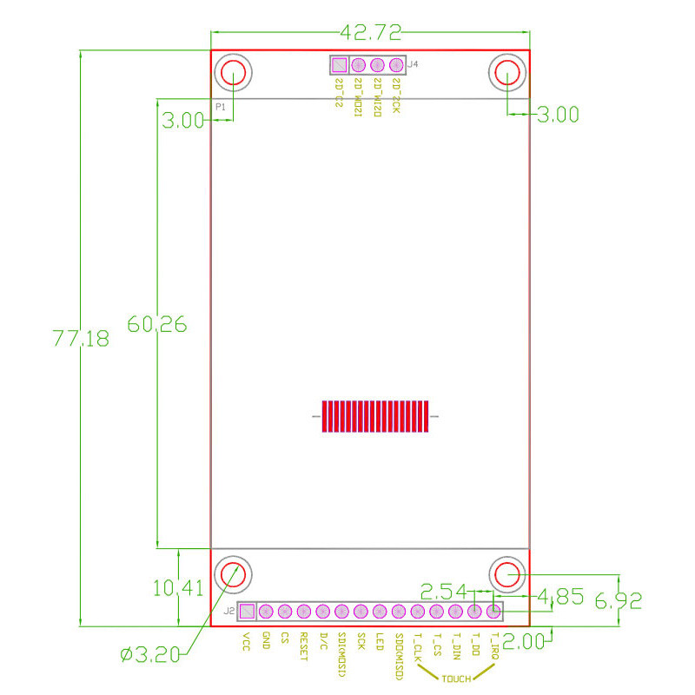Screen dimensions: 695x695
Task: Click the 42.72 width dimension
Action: point(371,34)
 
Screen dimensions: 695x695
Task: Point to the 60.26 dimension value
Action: point(157,324)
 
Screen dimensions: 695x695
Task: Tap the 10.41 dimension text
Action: point(177,588)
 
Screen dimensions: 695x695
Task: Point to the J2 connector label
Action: point(228,612)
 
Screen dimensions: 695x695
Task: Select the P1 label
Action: point(221,106)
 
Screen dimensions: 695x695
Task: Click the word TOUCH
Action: point(456,678)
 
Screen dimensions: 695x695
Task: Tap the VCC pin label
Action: point(247,641)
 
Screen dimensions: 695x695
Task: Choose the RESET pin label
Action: point(303,646)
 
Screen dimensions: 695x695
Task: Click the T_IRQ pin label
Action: point(494,647)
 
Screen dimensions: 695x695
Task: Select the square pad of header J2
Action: point(248,612)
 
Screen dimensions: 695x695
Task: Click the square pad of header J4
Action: point(339,65)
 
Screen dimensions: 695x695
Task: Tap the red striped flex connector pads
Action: point(375,416)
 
